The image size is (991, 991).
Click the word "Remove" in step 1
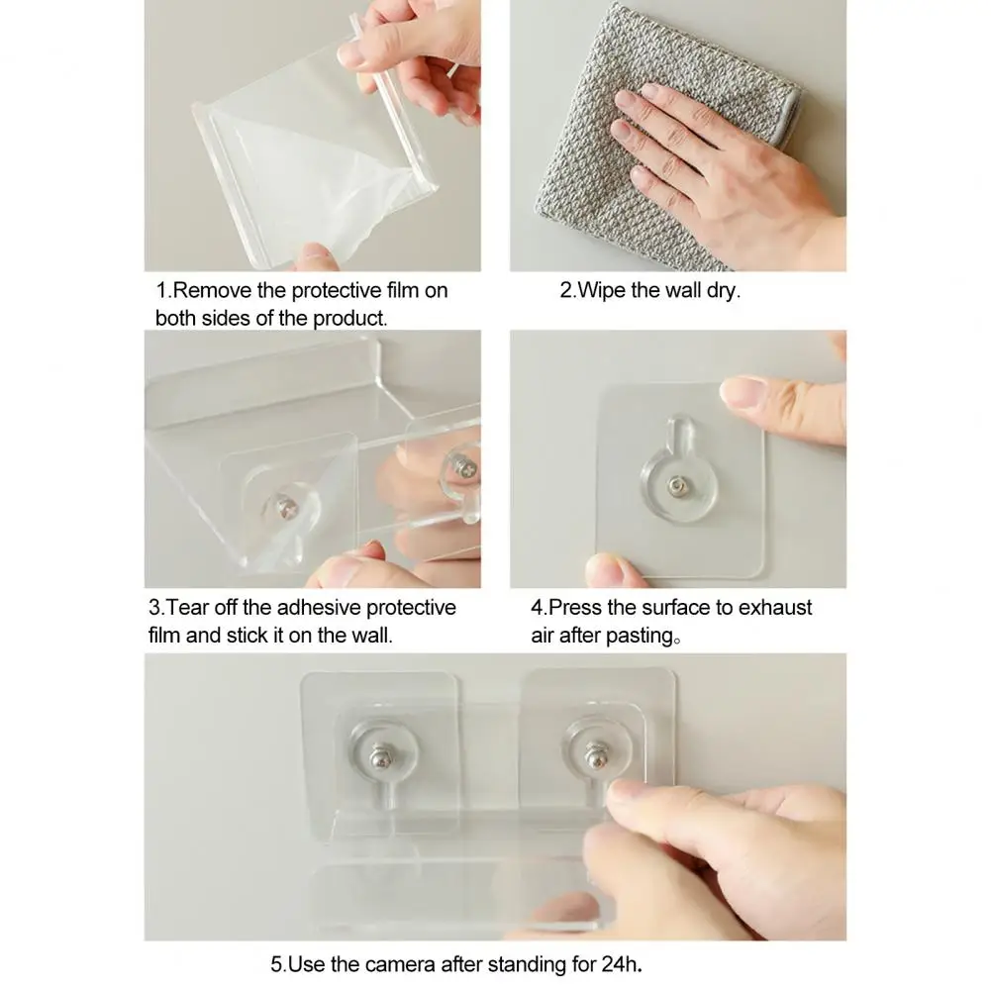tap(212, 291)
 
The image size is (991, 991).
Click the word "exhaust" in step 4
tap(775, 607)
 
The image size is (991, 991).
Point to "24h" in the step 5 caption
tap(620, 964)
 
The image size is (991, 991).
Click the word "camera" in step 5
tap(399, 964)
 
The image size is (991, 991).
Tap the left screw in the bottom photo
tap(380, 755)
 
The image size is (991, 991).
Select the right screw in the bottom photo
tap(596, 755)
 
